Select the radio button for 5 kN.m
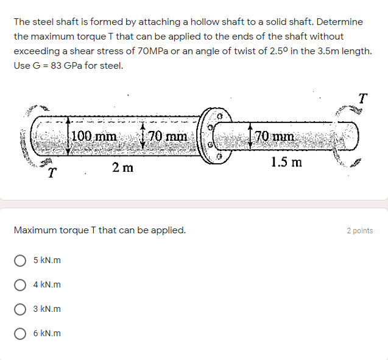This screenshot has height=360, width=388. (20, 261)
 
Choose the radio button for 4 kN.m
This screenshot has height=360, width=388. (20, 285)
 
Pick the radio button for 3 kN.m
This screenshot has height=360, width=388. (20, 309)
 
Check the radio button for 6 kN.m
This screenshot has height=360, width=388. (20, 334)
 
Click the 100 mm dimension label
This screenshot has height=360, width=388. (94, 136)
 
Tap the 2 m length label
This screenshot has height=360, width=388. (122, 168)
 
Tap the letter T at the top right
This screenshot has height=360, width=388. (363, 97)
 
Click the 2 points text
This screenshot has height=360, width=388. (359, 231)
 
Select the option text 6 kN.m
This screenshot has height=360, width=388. (47, 334)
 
